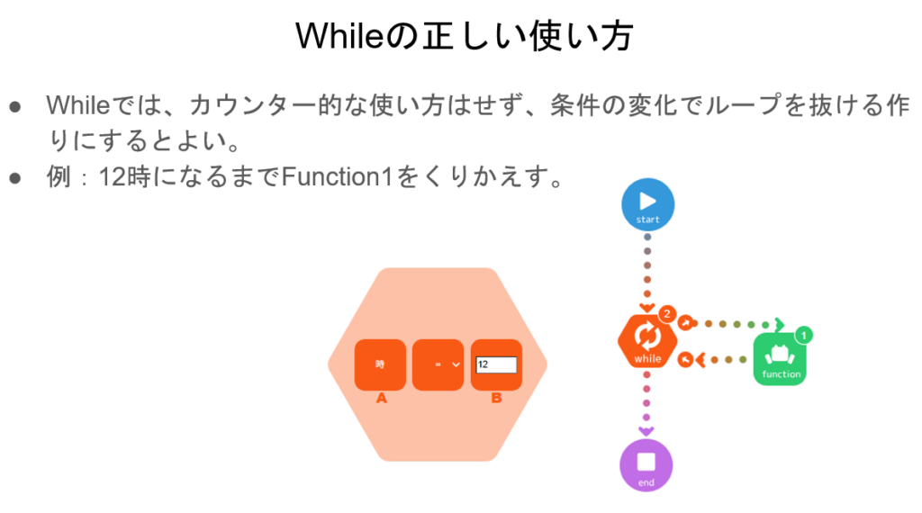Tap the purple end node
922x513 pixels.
tap(646, 465)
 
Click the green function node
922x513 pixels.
tap(780, 358)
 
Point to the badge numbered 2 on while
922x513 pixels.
tap(667, 314)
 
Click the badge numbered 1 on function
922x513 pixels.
tap(804, 336)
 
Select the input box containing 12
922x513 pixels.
tap(496, 365)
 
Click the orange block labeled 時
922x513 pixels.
tap(380, 364)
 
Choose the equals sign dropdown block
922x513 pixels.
tap(438, 364)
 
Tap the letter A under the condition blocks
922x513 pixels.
tap(381, 398)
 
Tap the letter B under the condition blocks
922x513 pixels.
tap(496, 398)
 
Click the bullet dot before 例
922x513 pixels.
tap(15, 177)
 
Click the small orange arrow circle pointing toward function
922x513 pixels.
tap(685, 323)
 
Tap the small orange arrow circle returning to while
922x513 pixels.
tap(685, 360)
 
